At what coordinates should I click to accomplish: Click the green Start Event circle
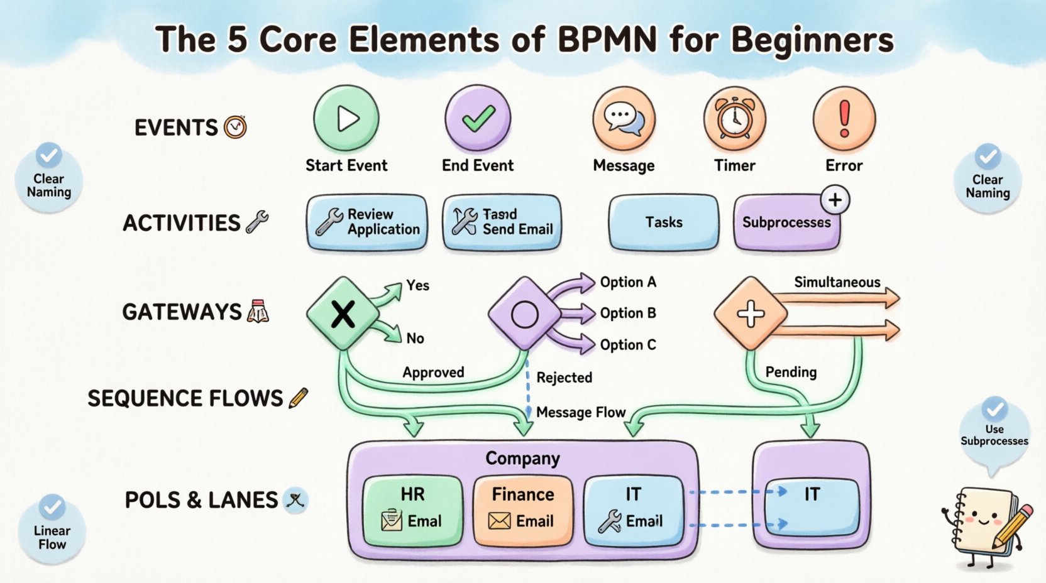pos(346,118)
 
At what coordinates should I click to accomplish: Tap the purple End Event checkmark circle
pos(478,118)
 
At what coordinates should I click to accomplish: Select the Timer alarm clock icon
pos(734,118)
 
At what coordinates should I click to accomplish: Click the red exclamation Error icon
pos(844,118)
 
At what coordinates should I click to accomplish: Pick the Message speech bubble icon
pos(624,118)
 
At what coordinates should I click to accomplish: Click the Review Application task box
pos(367,222)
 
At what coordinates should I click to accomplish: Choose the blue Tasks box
pos(663,222)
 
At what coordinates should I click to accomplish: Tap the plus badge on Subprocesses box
pos(835,200)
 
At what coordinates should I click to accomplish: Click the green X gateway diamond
pos(343,313)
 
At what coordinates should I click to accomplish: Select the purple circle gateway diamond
pos(524,313)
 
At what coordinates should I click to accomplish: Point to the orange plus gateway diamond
pos(751,313)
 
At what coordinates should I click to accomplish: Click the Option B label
pos(627,313)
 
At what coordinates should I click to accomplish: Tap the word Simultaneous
pos(837,282)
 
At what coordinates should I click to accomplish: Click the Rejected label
pos(564,378)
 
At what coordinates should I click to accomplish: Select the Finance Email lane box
pos(522,509)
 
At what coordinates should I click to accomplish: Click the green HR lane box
pos(412,509)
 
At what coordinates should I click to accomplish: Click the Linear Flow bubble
pos(52,531)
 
